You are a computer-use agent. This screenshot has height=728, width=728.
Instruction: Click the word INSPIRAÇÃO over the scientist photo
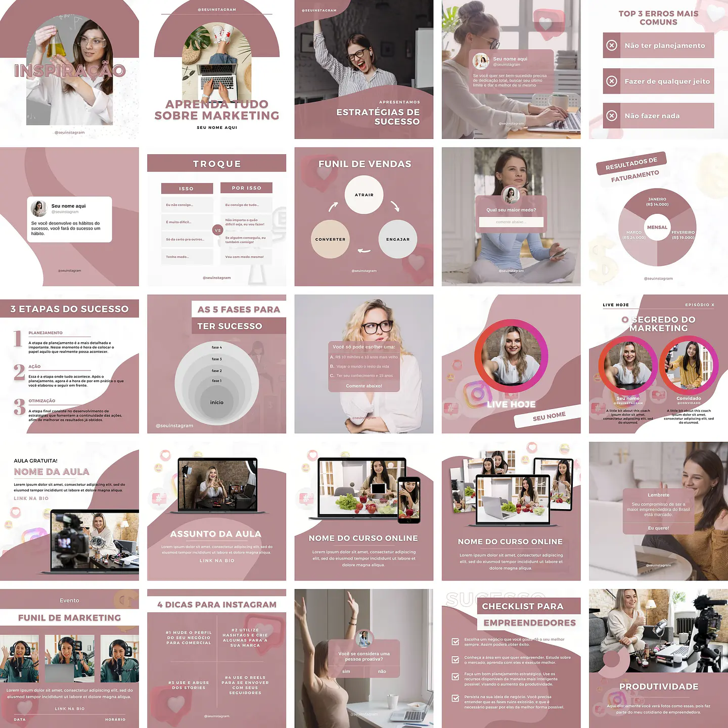click(x=70, y=71)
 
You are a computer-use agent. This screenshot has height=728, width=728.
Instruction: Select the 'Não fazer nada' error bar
click(x=658, y=116)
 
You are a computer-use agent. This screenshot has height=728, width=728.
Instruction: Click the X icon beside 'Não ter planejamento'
click(x=612, y=45)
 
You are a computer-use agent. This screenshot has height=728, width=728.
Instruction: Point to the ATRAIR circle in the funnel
click(x=364, y=195)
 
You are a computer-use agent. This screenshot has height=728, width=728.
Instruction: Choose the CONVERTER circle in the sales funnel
click(x=330, y=239)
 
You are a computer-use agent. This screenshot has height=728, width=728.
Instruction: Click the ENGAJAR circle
click(x=398, y=239)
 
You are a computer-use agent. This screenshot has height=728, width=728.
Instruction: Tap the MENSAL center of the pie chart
click(x=657, y=227)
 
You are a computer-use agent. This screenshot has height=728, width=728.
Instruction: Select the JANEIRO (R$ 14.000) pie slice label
click(x=657, y=202)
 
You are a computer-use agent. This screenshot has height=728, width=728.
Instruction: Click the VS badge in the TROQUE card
click(x=218, y=230)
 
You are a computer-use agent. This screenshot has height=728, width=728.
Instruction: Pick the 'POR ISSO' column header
click(x=247, y=188)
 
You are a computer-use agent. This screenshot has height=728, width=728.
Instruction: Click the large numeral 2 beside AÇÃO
click(x=19, y=372)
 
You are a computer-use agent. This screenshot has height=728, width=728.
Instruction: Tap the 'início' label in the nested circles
click(x=217, y=402)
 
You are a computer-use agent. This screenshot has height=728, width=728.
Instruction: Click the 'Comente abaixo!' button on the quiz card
click(x=364, y=386)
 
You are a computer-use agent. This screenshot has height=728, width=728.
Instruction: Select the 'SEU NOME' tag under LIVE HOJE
click(x=549, y=416)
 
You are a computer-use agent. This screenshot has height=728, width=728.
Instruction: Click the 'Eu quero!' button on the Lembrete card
click(x=658, y=528)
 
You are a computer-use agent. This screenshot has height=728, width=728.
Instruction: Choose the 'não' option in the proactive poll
click(x=382, y=671)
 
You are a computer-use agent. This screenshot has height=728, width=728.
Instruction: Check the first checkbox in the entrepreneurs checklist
click(x=456, y=642)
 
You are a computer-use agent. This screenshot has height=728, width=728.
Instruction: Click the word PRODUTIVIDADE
click(x=659, y=687)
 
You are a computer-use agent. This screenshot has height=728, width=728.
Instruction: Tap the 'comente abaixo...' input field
click(x=511, y=222)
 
